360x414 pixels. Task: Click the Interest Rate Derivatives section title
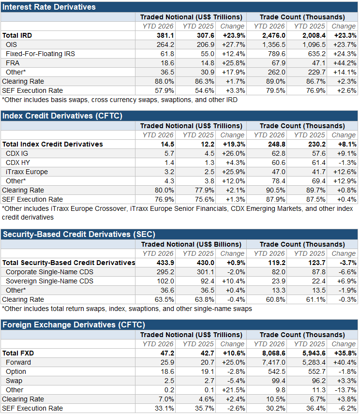[49, 7]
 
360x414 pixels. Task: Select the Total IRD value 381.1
[165, 35]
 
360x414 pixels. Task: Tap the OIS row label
[11, 44]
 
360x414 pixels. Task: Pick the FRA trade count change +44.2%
[345, 63]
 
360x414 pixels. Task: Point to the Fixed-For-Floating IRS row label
[41, 54]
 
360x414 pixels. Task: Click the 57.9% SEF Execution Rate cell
[165, 90]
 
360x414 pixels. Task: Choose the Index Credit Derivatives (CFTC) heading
[62, 116]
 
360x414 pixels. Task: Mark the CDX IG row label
[17, 153]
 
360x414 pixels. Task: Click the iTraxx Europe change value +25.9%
[234, 172]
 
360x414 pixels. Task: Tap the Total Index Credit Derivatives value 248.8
[277, 144]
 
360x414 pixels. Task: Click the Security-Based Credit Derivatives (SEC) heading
[79, 234]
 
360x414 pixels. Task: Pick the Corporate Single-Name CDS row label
[50, 272]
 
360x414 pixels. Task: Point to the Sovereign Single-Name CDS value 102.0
[165, 281]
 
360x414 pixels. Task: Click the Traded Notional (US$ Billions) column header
[191, 244]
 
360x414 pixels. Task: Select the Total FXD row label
[18, 353]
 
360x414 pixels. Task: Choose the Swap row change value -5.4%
[236, 381]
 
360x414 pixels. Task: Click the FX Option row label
[16, 371]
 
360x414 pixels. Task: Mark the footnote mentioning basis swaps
[120, 100]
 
